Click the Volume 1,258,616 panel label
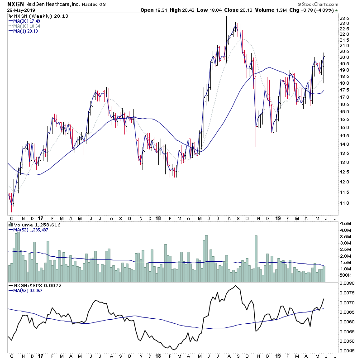(x=34, y=225)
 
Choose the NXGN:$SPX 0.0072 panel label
(x=38, y=286)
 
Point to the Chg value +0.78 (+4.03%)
(x=322, y=10)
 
